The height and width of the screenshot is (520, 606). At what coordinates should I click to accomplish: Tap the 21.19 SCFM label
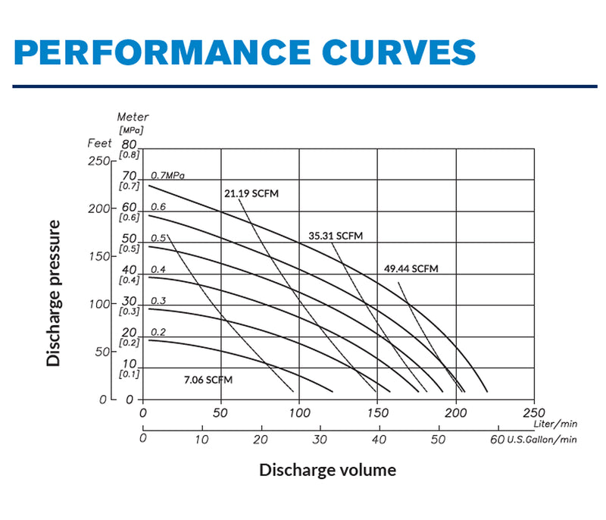[251, 193]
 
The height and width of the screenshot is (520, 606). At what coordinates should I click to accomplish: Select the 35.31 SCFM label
[336, 236]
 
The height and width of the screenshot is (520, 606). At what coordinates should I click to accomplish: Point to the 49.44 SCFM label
[411, 268]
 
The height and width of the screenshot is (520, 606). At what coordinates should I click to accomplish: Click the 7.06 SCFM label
[208, 379]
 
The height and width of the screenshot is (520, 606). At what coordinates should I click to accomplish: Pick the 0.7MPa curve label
[167, 175]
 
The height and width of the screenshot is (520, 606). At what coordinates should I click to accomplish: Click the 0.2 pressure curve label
[158, 332]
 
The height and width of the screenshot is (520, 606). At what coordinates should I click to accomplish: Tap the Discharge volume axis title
[327, 470]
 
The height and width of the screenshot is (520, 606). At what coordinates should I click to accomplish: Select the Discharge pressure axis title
[53, 293]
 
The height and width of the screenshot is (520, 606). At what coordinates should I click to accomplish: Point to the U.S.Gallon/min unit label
[542, 439]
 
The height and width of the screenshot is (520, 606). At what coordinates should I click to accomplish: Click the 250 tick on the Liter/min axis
[533, 413]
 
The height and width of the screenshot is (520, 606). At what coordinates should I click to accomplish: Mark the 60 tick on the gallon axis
[497, 439]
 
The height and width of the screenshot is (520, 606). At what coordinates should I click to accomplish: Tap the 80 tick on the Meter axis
[129, 144]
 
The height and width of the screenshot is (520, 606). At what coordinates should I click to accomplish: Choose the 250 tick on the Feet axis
[98, 161]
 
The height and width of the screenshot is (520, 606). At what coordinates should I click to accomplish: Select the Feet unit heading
[99, 143]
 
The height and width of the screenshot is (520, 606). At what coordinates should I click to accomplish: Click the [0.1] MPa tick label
[129, 374]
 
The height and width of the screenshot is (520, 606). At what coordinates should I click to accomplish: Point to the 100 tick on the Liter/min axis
[300, 413]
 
